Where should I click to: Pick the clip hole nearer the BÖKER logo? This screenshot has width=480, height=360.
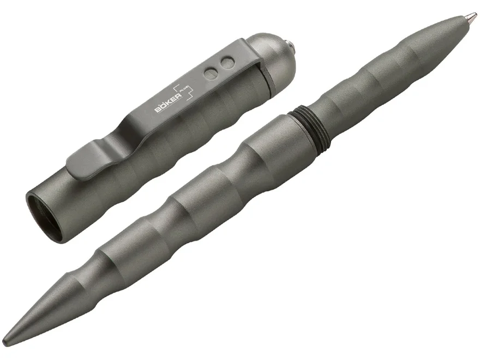(x=210, y=74)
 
